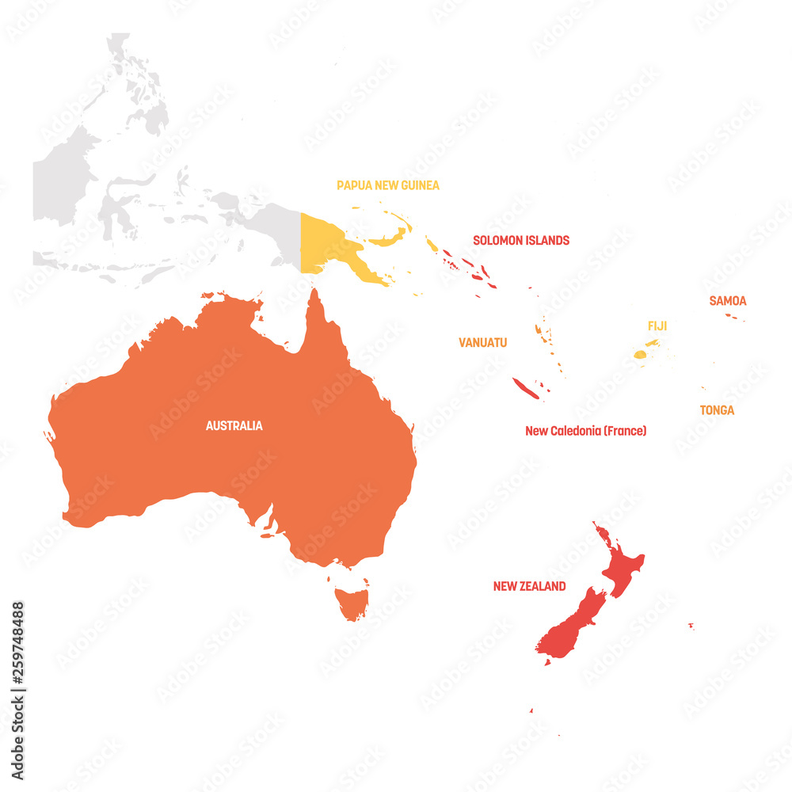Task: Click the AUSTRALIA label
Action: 234,426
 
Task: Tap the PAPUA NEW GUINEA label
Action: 387,185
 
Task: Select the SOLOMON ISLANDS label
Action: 520,240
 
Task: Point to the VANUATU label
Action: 482,343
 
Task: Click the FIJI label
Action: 657,326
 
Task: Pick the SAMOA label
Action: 727,301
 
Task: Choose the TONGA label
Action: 716,410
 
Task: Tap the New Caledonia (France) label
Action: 585,431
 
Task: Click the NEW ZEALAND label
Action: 529,587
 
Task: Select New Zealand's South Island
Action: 570,626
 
